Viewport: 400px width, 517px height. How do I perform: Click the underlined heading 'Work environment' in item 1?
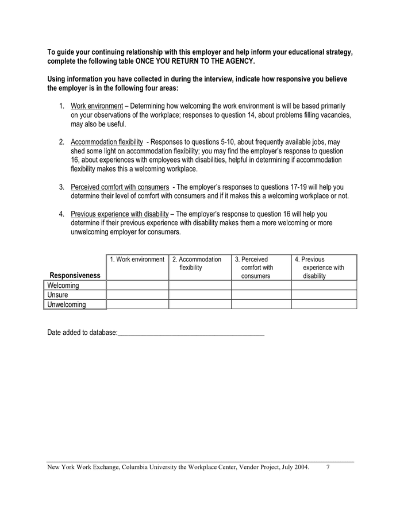(x=97, y=106)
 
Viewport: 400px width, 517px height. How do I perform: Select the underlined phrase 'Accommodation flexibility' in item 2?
(x=106, y=142)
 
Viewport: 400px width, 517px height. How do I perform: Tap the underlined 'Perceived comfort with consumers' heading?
(x=120, y=187)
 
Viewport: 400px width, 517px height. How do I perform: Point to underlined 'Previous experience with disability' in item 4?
(x=120, y=214)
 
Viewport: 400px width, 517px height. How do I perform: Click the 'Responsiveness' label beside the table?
(x=75, y=275)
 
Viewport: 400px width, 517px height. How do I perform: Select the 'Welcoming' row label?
(x=63, y=285)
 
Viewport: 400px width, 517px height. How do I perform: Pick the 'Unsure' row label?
(x=57, y=295)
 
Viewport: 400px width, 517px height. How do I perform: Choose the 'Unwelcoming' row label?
(x=67, y=304)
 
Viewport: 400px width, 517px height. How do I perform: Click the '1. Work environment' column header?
(x=137, y=260)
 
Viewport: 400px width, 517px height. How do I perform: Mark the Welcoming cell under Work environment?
(x=137, y=285)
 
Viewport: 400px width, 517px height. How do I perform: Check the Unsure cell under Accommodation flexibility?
(x=199, y=295)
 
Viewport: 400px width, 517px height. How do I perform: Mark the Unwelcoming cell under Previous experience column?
(x=324, y=304)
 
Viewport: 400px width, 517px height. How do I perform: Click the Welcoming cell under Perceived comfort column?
(x=261, y=285)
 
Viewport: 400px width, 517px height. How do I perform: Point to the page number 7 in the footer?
(x=328, y=468)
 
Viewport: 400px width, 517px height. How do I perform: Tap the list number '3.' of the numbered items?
(x=61, y=187)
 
